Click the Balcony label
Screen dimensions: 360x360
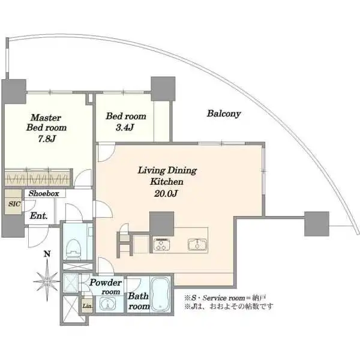tap(224, 113)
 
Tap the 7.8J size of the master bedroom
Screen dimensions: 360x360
tap(47, 139)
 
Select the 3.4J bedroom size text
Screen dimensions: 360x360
tap(125, 127)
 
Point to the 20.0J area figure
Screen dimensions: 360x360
tap(166, 194)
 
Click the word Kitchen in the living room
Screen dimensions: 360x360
tap(167, 182)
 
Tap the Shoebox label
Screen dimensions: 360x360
tap(44, 193)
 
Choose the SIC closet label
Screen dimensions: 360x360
tap(14, 203)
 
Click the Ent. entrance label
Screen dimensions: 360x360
tap(38, 215)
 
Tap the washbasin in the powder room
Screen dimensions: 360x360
tap(109, 304)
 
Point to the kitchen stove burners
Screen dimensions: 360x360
tap(161, 245)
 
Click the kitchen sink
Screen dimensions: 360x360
tap(197, 245)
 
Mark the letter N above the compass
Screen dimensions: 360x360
tap(47, 254)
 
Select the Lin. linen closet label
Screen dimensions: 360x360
tap(87, 306)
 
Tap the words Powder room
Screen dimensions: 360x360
tap(106, 287)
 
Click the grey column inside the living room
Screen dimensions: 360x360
tap(161, 223)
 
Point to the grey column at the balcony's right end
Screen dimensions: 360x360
tap(317, 224)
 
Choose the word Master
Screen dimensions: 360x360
tap(46, 118)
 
